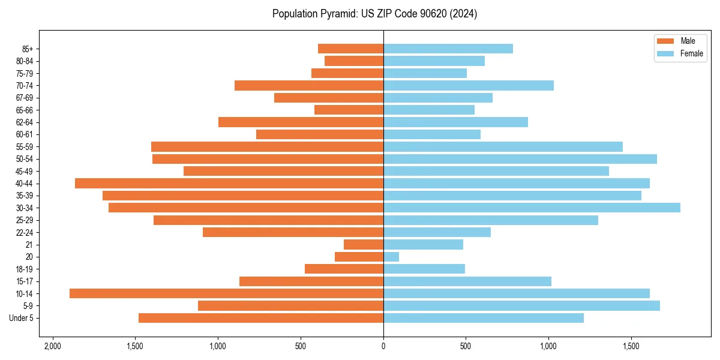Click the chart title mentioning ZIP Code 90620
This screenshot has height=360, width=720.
coord(374,14)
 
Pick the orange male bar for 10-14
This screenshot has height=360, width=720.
coord(226,293)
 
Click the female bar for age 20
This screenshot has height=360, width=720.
coord(391,257)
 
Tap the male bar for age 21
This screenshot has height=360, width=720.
coord(364,245)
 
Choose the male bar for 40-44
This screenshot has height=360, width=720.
coord(229,183)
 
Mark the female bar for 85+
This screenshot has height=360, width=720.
coord(448,49)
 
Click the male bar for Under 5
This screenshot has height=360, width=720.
coord(261,318)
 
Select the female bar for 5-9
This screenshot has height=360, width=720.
coord(521,305)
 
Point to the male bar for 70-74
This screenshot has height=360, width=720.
coord(309,85)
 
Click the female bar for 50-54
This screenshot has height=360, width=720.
coord(520,159)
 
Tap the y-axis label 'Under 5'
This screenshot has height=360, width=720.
coord(21,318)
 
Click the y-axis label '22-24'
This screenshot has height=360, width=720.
coord(24,232)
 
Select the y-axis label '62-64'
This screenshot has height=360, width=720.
coord(24,122)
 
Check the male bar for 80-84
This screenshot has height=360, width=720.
coord(354,61)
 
